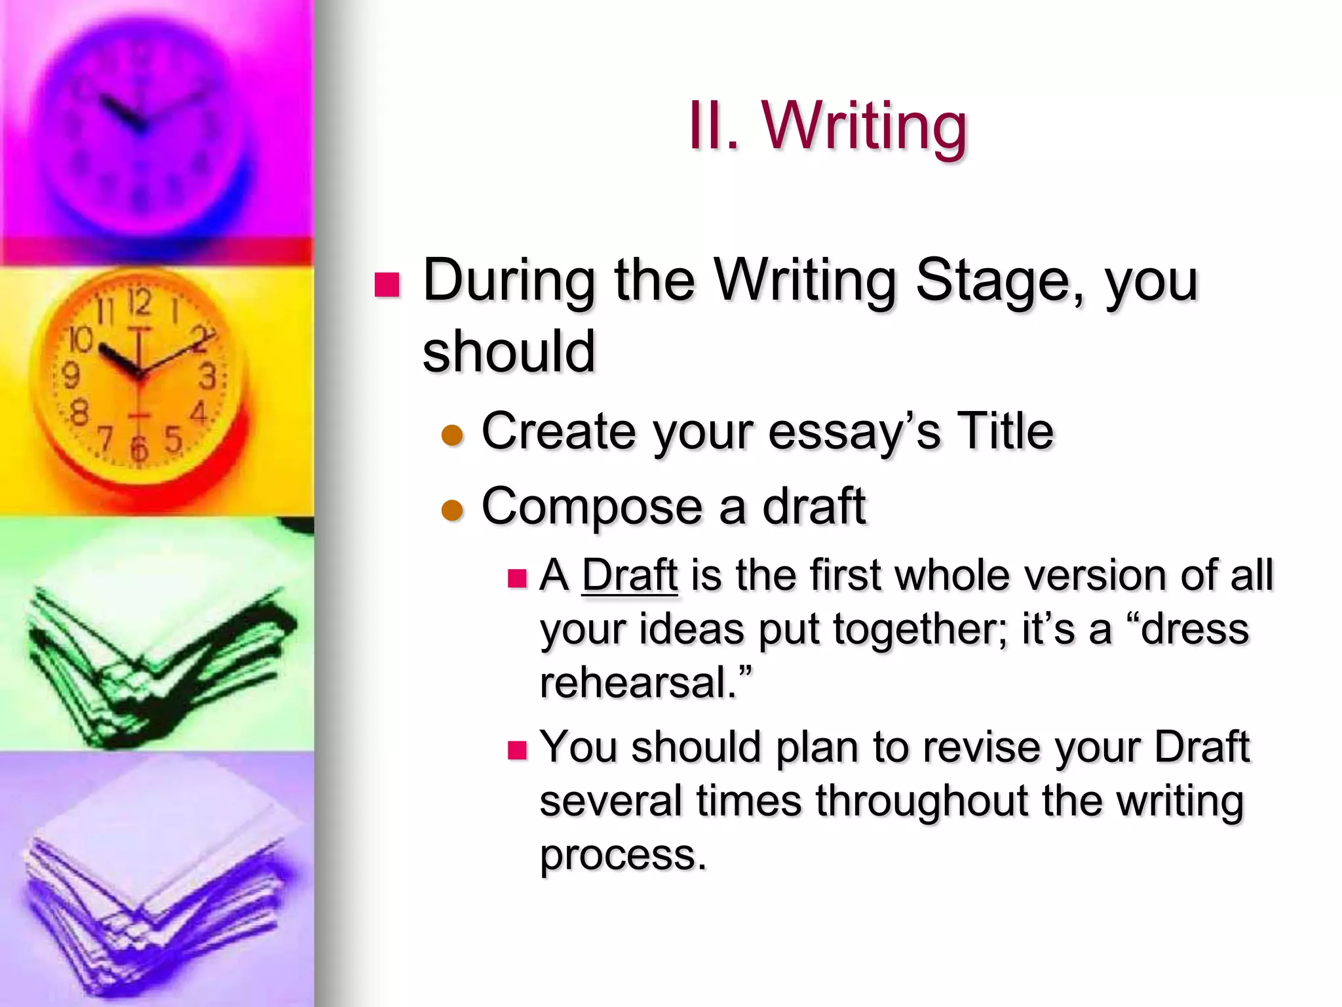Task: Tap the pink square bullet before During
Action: pos(387,285)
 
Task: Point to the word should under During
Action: pos(509,352)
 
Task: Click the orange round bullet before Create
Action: pos(452,435)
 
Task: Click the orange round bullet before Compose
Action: pos(452,510)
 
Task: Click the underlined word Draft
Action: pos(629,575)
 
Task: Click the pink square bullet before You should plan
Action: pos(517,749)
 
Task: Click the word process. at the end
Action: pos(623,855)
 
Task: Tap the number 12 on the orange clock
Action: pos(139,304)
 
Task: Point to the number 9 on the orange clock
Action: pos(70,376)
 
